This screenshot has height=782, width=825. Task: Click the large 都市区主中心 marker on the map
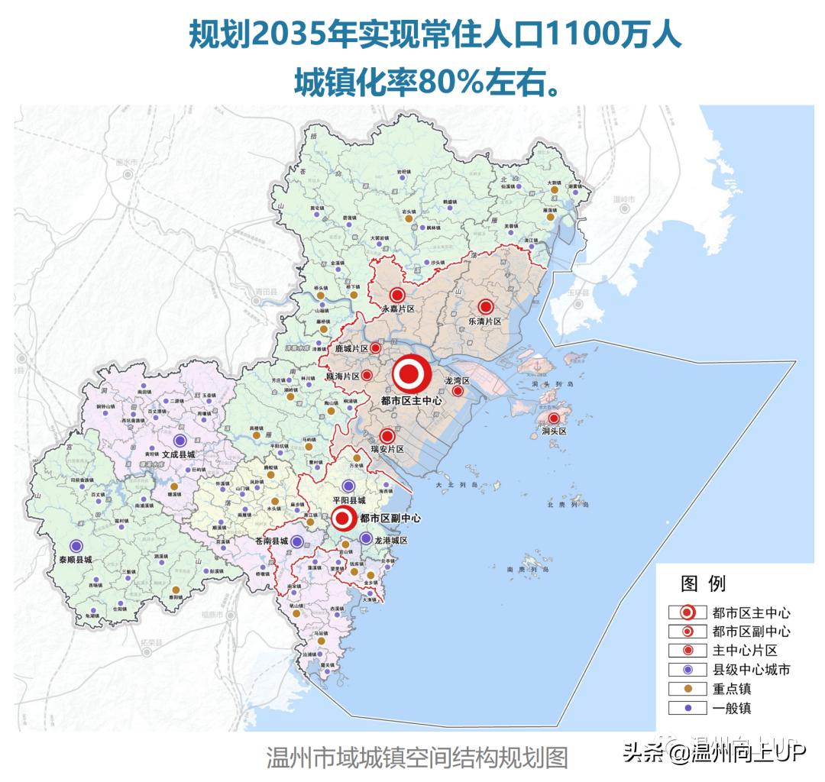pos(409,374)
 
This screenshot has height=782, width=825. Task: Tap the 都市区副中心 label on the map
pos(390,518)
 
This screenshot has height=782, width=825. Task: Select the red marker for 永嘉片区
pos(396,296)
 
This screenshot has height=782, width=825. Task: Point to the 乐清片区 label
pos(485,322)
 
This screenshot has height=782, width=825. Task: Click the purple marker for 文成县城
pos(180,440)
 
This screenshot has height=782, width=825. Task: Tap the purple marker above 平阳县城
pos(348,486)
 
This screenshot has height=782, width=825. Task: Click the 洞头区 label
pos(554,431)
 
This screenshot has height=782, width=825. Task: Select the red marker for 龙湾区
pos(458,391)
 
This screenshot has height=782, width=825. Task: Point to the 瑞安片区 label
pos(387,450)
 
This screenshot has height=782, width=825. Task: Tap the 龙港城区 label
pos(391,541)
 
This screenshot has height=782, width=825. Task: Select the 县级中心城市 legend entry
pos(751,670)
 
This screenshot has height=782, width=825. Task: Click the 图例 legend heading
pos(703,584)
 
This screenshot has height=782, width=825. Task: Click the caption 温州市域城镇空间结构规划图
pos(417,758)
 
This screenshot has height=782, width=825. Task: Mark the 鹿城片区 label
pos(351,348)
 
